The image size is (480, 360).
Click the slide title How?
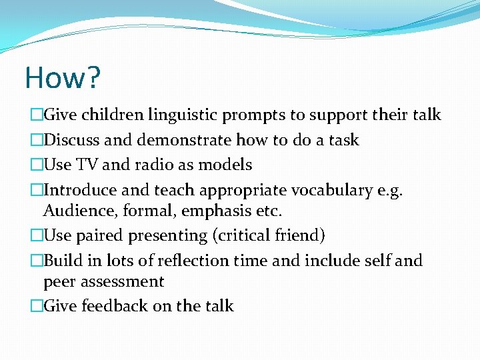coord(63,77)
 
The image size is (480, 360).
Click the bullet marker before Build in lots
coord(36,261)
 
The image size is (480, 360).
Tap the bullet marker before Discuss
coord(36,141)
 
